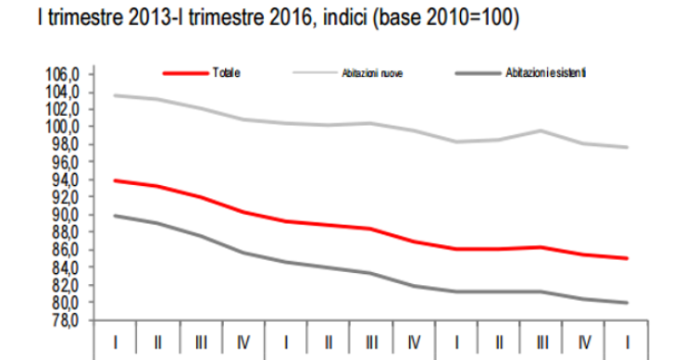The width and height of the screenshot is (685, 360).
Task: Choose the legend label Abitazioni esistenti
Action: click(546, 72)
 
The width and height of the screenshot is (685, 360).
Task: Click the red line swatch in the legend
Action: click(183, 72)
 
